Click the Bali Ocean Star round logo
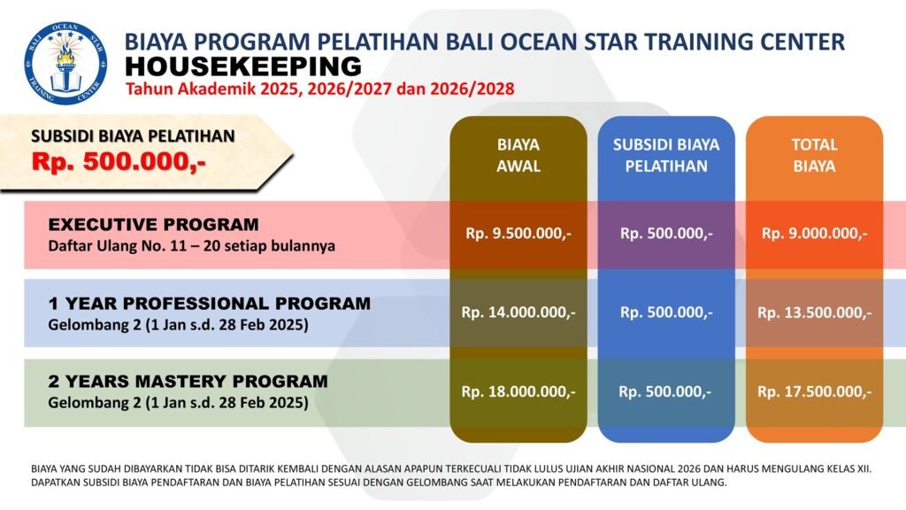click(x=65, y=63)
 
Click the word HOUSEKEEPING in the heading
click(x=243, y=66)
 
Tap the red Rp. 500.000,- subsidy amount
click(x=119, y=161)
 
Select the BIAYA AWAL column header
click(x=518, y=155)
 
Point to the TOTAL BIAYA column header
click(x=814, y=155)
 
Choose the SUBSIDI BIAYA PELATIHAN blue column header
click(x=666, y=155)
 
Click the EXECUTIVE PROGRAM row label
click(x=153, y=224)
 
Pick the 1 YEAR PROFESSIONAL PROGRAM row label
click(x=209, y=303)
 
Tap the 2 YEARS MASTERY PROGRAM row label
click(x=188, y=381)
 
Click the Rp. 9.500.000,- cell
click(x=518, y=234)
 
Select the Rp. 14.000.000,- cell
click(x=518, y=313)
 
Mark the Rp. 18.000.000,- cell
click(x=518, y=392)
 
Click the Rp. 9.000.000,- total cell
click(x=814, y=234)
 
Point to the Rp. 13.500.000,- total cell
click(x=814, y=313)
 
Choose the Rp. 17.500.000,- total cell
click(x=814, y=392)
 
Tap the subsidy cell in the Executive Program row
click(x=666, y=234)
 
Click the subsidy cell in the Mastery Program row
click(x=665, y=392)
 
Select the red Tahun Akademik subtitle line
click(x=320, y=89)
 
